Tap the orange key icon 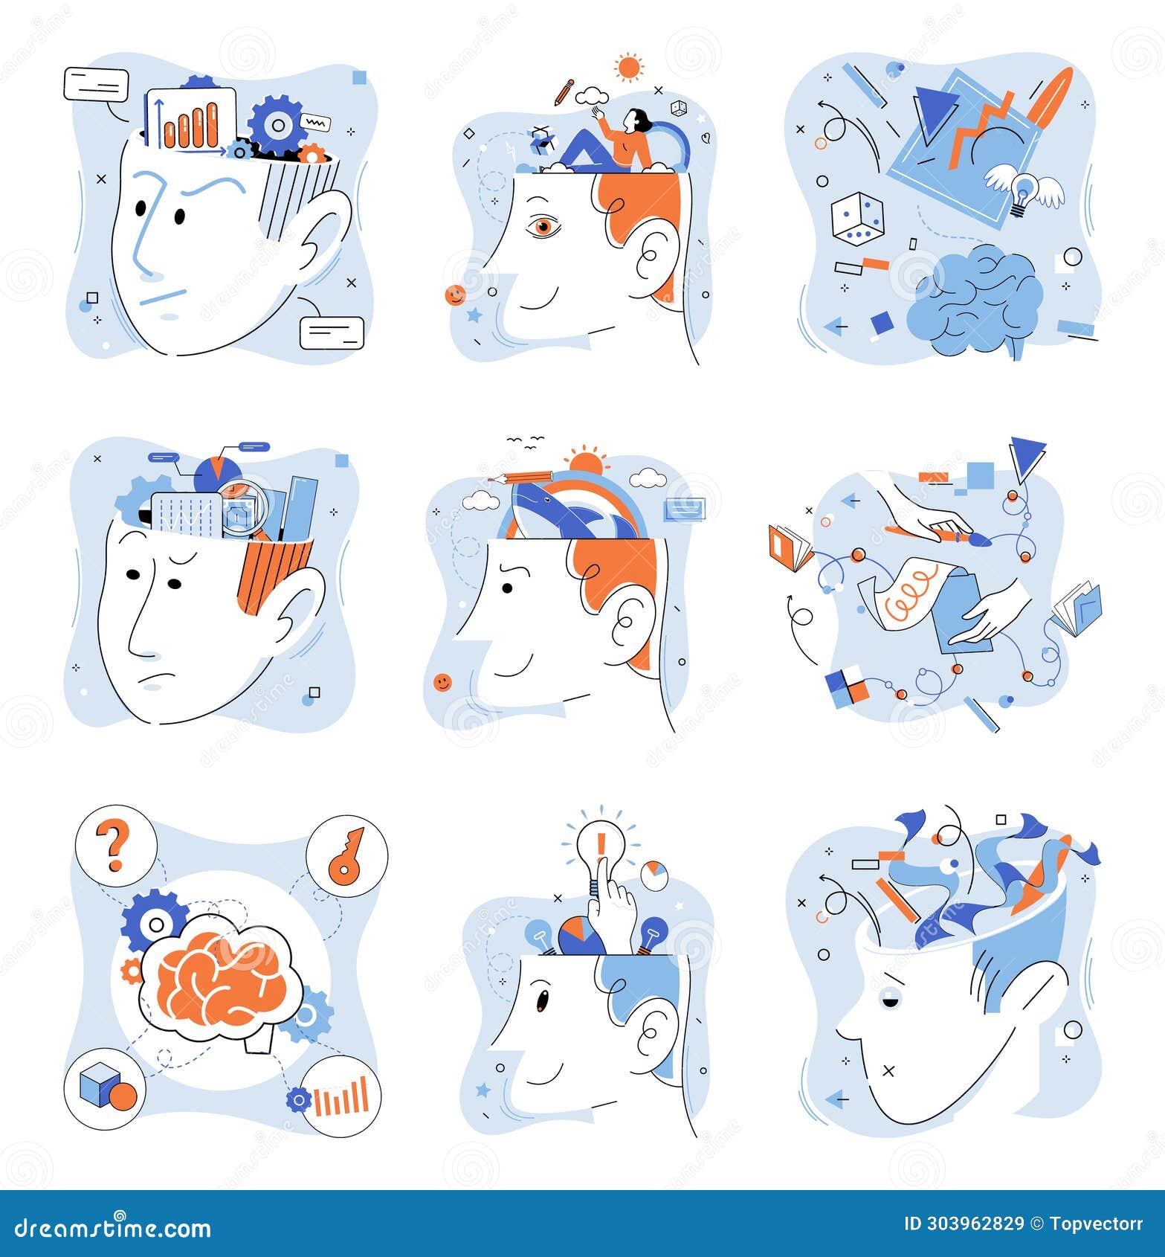(346, 855)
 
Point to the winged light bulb (1024, 190)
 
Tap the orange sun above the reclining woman (629, 68)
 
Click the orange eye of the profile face (543, 226)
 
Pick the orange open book (790, 549)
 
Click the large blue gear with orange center (277, 125)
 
